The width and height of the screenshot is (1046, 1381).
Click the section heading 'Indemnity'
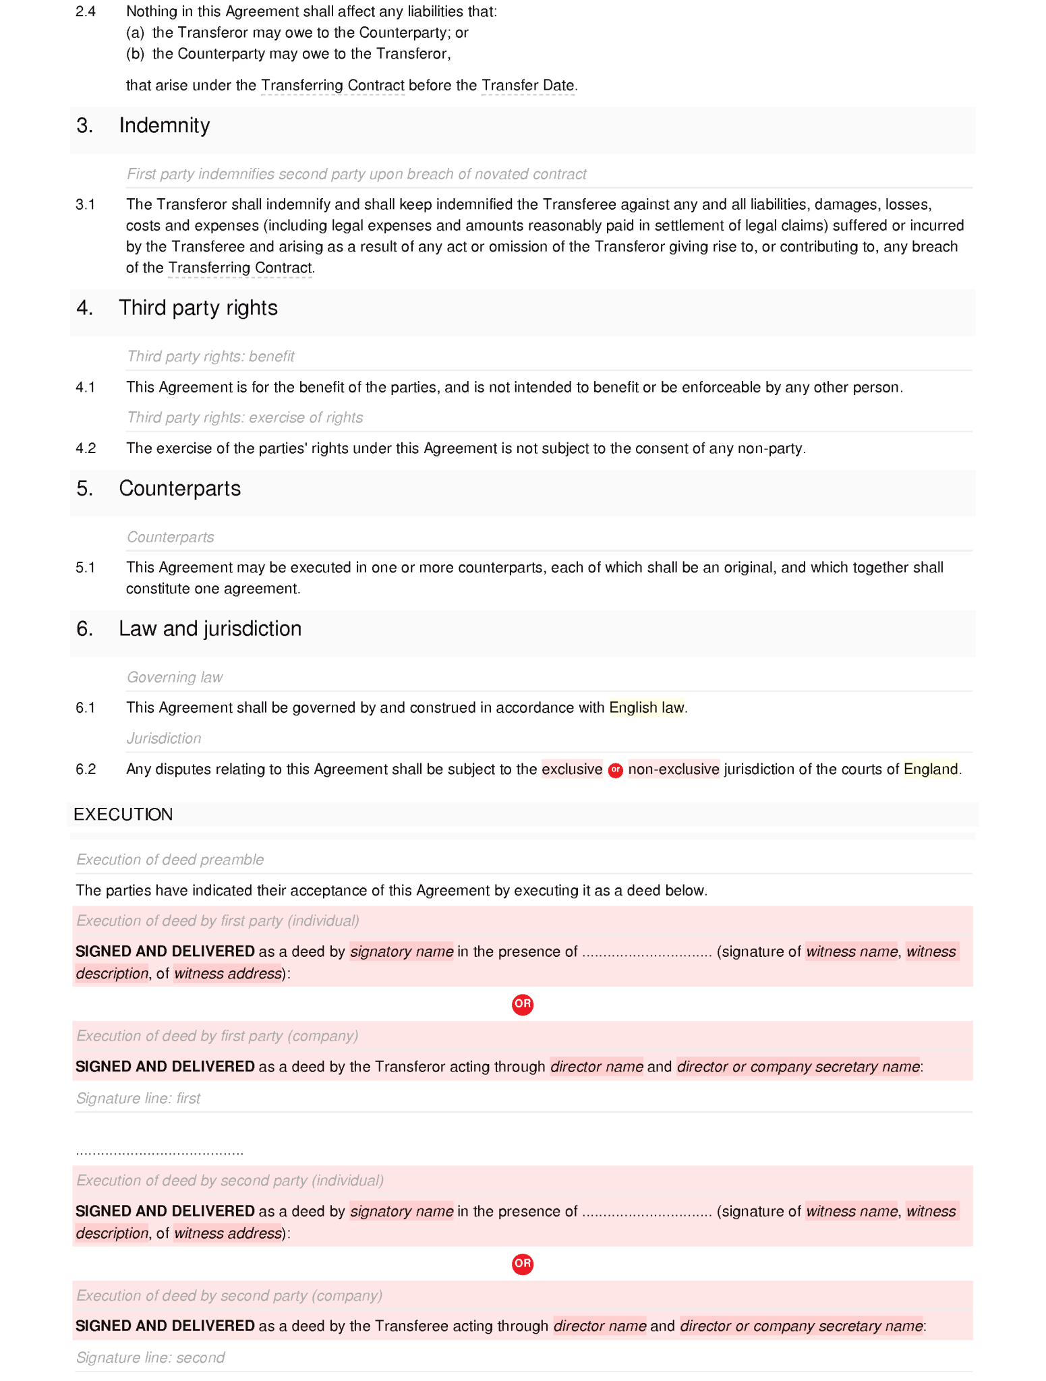pyautogui.click(x=164, y=125)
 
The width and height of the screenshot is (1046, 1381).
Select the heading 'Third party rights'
pyautogui.click(x=198, y=308)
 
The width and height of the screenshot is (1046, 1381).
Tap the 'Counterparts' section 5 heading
pyautogui.click(x=179, y=489)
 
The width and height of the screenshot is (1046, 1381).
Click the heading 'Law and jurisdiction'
pyautogui.click(x=210, y=629)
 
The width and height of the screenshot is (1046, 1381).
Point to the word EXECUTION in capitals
pyautogui.click(x=123, y=815)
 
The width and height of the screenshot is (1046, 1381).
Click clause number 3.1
pyautogui.click(x=86, y=205)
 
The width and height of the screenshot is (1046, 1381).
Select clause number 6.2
pyautogui.click(x=86, y=769)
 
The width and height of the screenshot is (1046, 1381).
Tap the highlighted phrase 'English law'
pyautogui.click(x=646, y=708)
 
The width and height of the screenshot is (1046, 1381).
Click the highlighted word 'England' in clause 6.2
pyautogui.click(x=930, y=769)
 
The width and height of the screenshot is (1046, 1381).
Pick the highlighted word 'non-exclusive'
pyautogui.click(x=673, y=769)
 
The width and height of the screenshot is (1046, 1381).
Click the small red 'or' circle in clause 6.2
pyautogui.click(x=615, y=770)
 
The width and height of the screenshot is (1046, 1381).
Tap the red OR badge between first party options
pyautogui.click(x=523, y=1004)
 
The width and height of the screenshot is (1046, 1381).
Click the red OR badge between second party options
pyautogui.click(x=523, y=1264)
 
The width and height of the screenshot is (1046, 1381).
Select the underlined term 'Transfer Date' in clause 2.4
pyautogui.click(x=528, y=86)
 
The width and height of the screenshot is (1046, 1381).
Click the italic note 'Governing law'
pyautogui.click(x=175, y=678)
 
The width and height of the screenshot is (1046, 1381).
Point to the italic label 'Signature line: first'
pyautogui.click(x=138, y=1098)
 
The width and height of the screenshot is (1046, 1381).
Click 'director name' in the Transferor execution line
pyautogui.click(x=596, y=1067)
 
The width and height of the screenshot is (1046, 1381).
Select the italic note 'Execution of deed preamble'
pyautogui.click(x=170, y=860)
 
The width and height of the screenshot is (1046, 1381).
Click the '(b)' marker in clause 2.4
pyautogui.click(x=136, y=54)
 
